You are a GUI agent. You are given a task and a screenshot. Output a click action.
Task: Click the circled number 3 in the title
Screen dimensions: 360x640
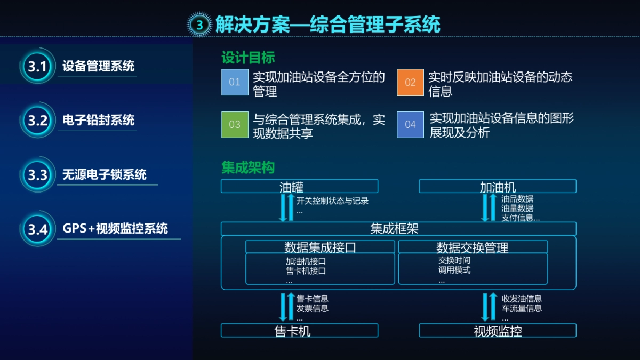click(x=199, y=25)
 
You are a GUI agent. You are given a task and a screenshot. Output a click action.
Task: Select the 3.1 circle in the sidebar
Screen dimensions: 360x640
click(x=38, y=67)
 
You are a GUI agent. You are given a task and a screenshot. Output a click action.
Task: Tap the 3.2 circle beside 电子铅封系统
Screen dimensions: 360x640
click(x=38, y=120)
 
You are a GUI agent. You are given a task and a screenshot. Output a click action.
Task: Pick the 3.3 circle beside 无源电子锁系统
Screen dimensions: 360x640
click(x=38, y=174)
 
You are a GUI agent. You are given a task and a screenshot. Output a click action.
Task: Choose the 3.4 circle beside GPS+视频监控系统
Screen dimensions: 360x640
click(x=38, y=229)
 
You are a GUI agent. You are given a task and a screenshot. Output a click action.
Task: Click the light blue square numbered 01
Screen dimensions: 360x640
click(x=235, y=82)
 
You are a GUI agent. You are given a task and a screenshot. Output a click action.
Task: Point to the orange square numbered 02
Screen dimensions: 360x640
click(x=410, y=82)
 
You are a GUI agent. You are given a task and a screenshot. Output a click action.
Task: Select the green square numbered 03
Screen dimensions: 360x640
click(x=235, y=124)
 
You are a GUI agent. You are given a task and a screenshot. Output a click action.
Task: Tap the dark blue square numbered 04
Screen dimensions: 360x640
click(x=410, y=124)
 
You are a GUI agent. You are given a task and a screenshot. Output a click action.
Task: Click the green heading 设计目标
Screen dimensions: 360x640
click(x=248, y=57)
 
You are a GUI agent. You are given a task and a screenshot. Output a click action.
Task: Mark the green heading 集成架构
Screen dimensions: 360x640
click(x=248, y=167)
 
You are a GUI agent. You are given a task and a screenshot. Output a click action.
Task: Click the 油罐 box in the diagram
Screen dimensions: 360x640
click(x=299, y=186)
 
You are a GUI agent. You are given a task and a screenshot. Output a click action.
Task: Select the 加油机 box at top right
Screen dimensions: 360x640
click(x=498, y=186)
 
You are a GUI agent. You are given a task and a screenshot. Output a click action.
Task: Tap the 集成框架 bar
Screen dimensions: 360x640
click(x=398, y=229)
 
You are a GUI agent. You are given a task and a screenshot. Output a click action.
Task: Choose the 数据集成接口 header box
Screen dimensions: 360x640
click(x=320, y=247)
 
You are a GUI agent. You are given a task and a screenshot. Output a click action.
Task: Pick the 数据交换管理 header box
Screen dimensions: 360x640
click(x=473, y=247)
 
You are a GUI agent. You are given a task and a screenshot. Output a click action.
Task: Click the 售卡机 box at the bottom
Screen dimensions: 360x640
click(x=299, y=331)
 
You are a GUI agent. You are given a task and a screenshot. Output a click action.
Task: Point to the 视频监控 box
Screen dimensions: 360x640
click(x=498, y=331)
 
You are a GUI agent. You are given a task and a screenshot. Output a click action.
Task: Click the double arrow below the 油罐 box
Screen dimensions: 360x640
click(x=286, y=207)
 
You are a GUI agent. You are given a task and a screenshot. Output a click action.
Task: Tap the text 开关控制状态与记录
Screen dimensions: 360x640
click(x=332, y=201)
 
